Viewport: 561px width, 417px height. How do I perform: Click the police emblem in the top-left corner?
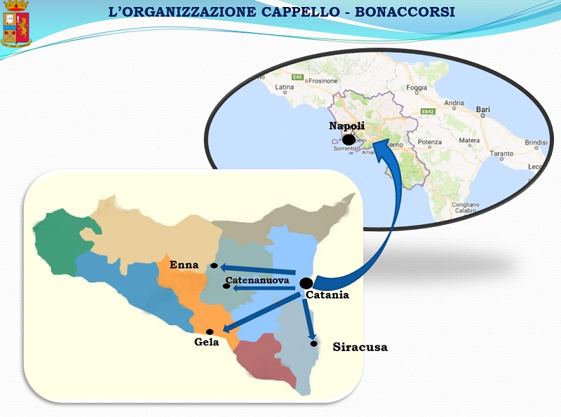tap(15, 25)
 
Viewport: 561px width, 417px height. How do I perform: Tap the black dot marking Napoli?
tap(349, 139)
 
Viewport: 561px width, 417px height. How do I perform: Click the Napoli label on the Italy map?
tap(347, 126)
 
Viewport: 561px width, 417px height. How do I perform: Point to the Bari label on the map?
tap(483, 110)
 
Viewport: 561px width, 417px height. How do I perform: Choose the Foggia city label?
tap(417, 88)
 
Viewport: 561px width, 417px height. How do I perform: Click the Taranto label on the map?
tap(501, 153)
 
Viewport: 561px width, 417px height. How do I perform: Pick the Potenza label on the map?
tap(429, 142)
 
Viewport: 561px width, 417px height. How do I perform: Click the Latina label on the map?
tap(285, 88)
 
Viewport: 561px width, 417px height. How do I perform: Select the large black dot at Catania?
tap(306, 283)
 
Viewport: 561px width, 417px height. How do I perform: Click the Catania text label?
tap(328, 295)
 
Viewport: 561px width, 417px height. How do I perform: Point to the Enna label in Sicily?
tap(184, 265)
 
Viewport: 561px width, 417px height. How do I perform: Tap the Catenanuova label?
tap(257, 280)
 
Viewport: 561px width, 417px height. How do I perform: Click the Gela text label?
tap(206, 342)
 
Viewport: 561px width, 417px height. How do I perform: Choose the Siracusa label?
tap(360, 347)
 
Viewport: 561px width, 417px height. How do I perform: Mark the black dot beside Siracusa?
tap(315, 343)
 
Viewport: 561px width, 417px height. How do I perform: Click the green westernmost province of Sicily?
tap(60, 242)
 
